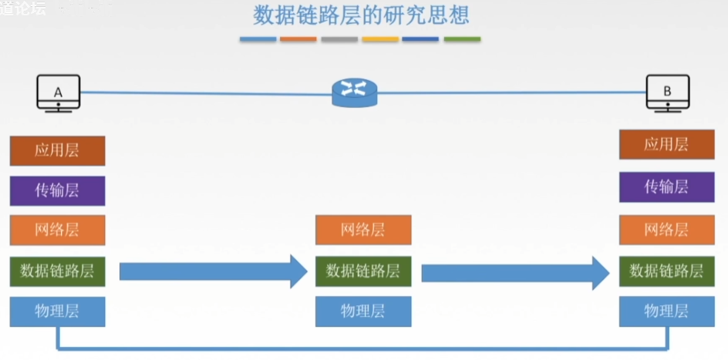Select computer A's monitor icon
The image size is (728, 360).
pos(59,94)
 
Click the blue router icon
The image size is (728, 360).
pos(355,92)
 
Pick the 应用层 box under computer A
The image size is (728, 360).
pos(57,150)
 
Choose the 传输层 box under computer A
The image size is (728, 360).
pos(57,190)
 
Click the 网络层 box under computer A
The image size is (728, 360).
pos(57,230)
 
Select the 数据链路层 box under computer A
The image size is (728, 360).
pos(57,271)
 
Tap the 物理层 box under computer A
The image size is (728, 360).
pos(57,311)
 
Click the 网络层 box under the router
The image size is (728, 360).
pos(362,230)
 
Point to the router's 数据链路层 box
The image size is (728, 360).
pos(362,271)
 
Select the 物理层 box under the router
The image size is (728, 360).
pos(362,311)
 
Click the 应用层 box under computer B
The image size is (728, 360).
pos(666,144)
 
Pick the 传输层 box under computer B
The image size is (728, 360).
pos(666,187)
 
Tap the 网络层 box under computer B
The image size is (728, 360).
pos(666,230)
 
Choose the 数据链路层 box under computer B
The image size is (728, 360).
pos(666,271)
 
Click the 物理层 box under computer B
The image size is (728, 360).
pos(666,311)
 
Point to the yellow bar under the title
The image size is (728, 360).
pos(380,39)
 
